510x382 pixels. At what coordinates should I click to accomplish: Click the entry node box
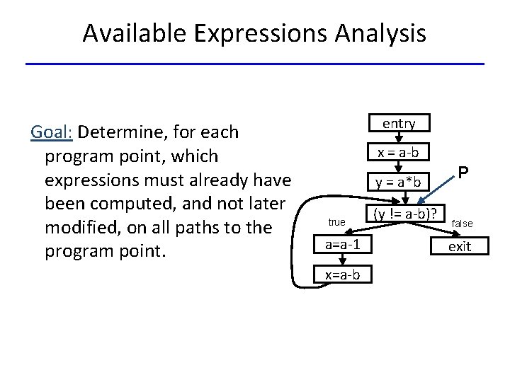tap(399, 124)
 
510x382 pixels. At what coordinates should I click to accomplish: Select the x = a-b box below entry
tap(399, 153)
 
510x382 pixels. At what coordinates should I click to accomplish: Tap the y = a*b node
tap(399, 183)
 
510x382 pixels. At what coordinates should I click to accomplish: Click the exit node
tap(460, 246)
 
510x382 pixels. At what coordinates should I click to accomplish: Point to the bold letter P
tap(463, 173)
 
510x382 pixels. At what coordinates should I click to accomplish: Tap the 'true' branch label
tap(336, 222)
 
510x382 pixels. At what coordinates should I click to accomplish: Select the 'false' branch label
tap(462, 224)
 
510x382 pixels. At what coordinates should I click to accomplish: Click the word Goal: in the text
tap(52, 132)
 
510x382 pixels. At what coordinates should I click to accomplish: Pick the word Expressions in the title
tap(256, 33)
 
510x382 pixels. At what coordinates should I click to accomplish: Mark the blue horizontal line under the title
tap(255, 64)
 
